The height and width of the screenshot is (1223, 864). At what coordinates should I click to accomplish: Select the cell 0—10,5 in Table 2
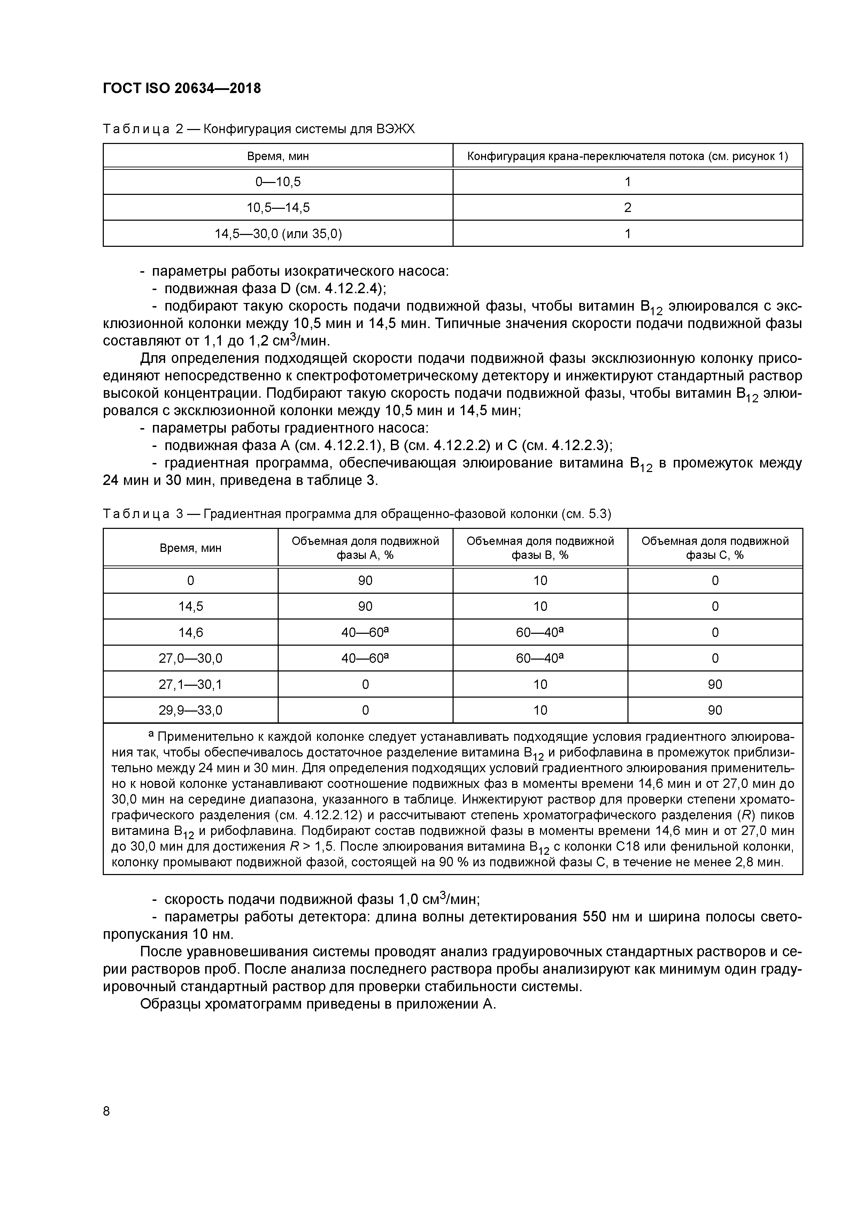pos(278,182)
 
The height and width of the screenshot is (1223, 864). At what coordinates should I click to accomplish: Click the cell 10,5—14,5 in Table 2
pos(278,208)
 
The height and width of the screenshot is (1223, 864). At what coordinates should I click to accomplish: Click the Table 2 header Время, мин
pos(278,157)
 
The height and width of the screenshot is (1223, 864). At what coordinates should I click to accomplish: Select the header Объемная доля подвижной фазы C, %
pos(715,548)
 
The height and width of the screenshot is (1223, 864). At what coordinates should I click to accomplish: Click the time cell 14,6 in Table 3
pos(191,632)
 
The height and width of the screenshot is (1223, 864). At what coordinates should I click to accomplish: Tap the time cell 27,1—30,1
pos(191,684)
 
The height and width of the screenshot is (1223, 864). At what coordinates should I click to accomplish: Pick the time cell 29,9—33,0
pos(191,710)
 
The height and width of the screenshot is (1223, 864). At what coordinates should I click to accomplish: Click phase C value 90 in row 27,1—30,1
pos(715,684)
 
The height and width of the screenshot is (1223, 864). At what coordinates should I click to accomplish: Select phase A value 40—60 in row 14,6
pos(365,632)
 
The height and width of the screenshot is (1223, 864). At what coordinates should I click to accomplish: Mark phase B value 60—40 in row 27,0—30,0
pos(539,658)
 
